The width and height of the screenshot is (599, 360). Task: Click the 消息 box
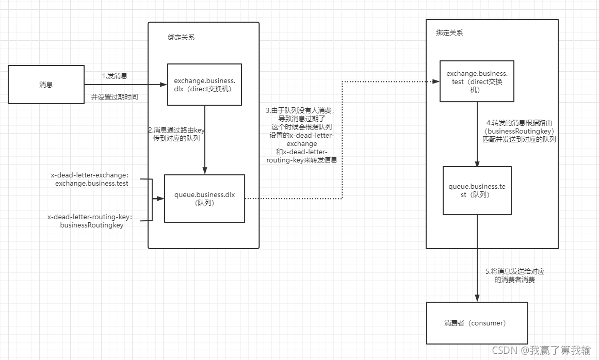[46, 85]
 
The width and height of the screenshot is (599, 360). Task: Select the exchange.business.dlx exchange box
[204, 85]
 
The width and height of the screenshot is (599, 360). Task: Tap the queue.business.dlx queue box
[204, 199]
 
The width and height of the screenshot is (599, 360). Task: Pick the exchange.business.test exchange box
[477, 80]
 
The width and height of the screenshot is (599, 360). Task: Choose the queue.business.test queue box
[477, 190]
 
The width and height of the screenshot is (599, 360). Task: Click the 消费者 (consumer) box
[477, 323]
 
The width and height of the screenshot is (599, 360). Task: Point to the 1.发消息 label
[115, 76]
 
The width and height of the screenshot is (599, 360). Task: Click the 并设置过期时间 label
[115, 96]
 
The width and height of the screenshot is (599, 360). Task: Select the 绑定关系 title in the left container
[181, 37]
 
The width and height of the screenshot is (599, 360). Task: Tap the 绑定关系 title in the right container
[449, 32]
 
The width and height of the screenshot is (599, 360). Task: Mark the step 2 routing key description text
[176, 135]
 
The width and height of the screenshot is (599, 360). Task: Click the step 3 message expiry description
[302, 136]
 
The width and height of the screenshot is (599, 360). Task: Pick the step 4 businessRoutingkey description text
[521, 132]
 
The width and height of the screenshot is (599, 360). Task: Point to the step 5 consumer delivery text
[514, 275]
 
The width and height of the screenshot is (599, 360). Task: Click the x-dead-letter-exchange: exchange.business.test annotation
[89, 179]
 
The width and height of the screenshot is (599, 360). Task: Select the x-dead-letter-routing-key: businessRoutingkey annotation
[89, 221]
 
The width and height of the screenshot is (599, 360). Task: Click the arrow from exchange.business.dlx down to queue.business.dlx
[205, 139]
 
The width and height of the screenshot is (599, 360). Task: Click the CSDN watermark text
[541, 351]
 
